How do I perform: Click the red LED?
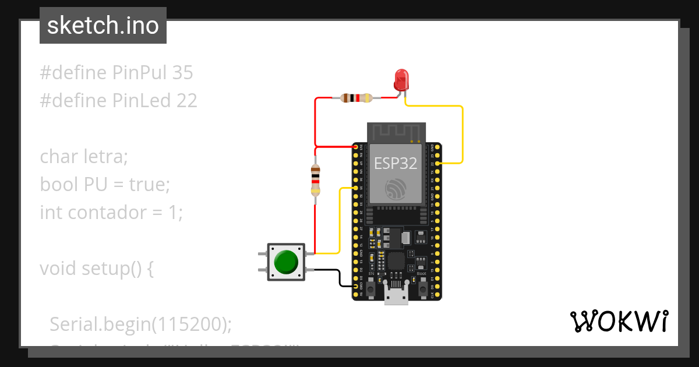point(401,79)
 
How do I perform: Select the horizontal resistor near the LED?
point(356,98)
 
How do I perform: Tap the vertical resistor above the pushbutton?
point(315,179)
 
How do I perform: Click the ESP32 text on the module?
point(396,164)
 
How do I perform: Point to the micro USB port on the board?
point(396,297)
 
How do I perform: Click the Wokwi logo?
point(619,321)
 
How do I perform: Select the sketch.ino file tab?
point(103,26)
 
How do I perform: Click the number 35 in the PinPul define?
point(182,73)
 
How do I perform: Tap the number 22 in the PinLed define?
point(187,101)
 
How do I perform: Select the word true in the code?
point(146,185)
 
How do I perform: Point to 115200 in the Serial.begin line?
point(188,324)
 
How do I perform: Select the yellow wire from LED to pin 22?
point(462,134)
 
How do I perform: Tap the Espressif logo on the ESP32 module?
point(396,189)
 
